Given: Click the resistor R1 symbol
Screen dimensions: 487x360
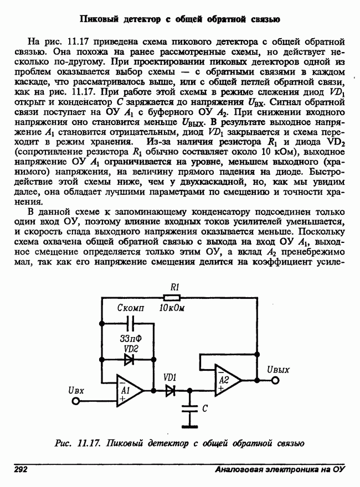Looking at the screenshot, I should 174,297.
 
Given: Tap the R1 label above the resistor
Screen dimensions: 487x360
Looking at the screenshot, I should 174,287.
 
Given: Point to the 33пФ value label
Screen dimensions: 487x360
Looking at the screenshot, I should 131,338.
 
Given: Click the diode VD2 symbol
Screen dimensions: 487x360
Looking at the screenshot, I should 130,359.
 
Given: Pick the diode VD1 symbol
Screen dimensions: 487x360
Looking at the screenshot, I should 169,390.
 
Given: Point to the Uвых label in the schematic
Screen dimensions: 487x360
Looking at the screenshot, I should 277,369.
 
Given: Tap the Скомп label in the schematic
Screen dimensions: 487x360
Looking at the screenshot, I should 131,308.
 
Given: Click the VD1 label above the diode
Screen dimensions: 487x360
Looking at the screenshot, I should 169,377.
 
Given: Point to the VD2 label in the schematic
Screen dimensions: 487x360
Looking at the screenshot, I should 131,349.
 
